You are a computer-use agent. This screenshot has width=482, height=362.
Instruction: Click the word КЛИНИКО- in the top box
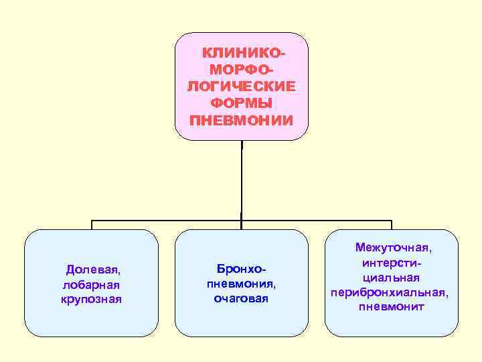tap(243, 52)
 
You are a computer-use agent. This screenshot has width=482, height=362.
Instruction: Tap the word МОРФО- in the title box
tap(242, 70)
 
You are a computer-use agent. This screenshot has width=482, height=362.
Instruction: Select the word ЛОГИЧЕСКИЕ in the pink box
tap(242, 86)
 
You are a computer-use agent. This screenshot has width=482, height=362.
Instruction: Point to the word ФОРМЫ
tap(242, 103)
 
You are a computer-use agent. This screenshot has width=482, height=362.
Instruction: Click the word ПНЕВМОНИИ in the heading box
tap(242, 121)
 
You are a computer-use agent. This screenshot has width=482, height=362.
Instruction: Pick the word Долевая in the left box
tap(92, 269)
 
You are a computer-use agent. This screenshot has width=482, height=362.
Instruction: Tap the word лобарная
tap(90, 284)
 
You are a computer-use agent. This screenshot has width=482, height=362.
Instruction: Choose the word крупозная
tap(91, 298)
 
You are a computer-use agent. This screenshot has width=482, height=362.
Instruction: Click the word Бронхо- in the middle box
tap(241, 269)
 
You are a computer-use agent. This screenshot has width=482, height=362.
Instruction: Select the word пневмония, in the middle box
tap(241, 284)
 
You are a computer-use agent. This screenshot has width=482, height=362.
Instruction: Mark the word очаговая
tap(241, 298)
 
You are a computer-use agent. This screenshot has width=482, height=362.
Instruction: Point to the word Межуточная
tap(393, 248)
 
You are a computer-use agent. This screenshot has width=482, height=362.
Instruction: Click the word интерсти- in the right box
tap(392, 263)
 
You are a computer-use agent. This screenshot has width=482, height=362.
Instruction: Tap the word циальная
tap(392, 278)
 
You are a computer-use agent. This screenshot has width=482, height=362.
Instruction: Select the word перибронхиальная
tap(389, 292)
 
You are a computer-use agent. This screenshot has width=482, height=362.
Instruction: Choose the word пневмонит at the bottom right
tap(392, 307)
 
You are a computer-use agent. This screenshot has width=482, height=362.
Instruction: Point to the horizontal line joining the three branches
tap(167, 221)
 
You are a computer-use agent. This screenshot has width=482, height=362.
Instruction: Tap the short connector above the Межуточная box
tap(392, 225)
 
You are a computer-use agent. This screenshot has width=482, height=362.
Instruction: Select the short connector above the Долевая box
tap(92, 225)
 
